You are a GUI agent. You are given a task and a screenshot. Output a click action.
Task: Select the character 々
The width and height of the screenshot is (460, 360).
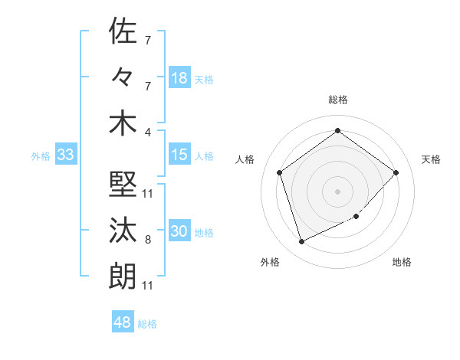pyautogui.click(x=123, y=77)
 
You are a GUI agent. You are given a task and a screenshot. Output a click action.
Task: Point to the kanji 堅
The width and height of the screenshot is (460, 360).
pyautogui.click(x=123, y=184)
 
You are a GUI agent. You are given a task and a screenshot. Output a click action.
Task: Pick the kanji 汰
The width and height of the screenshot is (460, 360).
pyautogui.click(x=123, y=231)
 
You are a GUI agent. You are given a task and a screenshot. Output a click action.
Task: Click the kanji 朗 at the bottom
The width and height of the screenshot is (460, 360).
pyautogui.click(x=123, y=277)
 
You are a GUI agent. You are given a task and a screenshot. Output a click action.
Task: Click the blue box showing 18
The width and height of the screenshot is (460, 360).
pyautogui.click(x=179, y=78)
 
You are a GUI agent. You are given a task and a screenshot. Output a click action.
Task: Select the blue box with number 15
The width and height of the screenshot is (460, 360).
pyautogui.click(x=179, y=155)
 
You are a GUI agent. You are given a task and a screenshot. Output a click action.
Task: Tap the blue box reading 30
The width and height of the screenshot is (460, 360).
pyautogui.click(x=179, y=232)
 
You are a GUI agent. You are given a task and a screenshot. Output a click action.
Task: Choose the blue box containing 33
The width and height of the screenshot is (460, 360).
pyautogui.click(x=65, y=155)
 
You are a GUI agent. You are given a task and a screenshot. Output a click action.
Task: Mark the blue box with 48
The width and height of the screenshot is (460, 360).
pyautogui.click(x=123, y=322)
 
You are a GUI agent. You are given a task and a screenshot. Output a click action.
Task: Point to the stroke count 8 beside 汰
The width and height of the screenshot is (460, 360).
pyautogui.click(x=148, y=240)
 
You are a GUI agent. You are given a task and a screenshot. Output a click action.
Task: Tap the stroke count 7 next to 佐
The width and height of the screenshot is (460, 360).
pyautogui.click(x=148, y=39)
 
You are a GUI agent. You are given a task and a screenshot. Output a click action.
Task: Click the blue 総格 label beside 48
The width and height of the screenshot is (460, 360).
pyautogui.click(x=147, y=324)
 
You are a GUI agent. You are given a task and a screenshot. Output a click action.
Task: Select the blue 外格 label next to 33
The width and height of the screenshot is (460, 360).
pyautogui.click(x=41, y=156)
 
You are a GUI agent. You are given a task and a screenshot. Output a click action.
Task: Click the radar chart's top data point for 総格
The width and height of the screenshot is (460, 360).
pyautogui.click(x=337, y=131)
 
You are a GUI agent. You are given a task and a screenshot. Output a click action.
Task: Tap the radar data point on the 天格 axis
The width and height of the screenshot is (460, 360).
pyautogui.click(x=396, y=172)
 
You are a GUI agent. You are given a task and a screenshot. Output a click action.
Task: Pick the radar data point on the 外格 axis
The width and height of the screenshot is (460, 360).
pyautogui.click(x=301, y=242)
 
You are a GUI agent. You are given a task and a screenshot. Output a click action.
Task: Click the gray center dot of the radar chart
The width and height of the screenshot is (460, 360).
pyautogui.click(x=337, y=191)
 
